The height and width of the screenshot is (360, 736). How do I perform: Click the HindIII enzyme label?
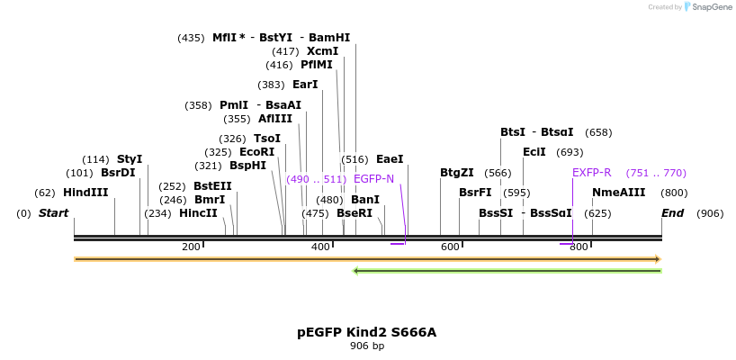point(85,193)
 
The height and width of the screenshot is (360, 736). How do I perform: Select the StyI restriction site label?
point(130,159)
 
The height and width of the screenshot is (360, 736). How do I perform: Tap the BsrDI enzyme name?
point(118,173)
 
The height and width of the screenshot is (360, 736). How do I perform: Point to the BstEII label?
point(212,186)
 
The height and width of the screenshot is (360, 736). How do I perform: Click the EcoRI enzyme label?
point(256,152)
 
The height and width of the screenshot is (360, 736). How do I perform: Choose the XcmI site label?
point(322,51)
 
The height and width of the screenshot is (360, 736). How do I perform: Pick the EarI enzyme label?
point(305,85)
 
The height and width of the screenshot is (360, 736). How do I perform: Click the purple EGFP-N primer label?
point(373,179)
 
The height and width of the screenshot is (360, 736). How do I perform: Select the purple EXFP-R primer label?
point(591,173)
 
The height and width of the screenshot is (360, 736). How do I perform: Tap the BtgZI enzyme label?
point(456,173)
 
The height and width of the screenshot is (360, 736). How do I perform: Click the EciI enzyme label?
point(534,152)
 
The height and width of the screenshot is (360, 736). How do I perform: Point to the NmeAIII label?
point(618,193)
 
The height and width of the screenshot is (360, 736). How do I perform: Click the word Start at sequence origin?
point(53,213)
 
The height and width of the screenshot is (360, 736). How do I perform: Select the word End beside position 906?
point(672,213)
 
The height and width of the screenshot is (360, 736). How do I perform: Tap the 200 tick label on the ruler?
point(191,247)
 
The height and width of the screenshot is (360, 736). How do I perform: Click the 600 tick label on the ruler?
point(450,247)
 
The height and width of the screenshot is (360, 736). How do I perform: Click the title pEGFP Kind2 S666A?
point(366,332)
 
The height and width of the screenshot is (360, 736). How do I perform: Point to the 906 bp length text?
point(366,346)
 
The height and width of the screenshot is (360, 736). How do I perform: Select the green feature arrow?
point(507,270)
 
